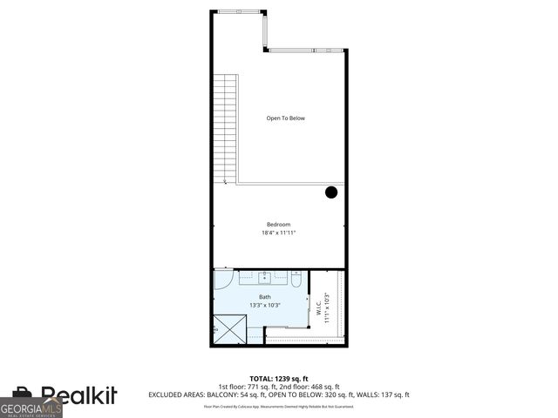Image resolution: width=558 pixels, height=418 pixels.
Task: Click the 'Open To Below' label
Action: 285,118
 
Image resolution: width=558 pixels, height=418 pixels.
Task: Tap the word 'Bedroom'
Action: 278,225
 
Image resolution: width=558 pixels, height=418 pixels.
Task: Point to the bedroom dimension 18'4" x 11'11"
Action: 278,233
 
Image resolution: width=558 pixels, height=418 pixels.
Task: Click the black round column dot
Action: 331,192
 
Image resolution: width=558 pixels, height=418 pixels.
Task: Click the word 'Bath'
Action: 264,297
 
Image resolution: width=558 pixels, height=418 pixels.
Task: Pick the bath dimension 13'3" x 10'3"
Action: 264,306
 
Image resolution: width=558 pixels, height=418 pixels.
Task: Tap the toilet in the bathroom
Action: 296,280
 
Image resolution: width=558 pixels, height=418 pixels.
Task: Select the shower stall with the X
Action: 231,329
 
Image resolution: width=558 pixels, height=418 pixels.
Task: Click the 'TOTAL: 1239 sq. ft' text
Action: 278,379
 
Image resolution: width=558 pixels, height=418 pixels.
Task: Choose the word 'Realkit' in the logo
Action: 79,396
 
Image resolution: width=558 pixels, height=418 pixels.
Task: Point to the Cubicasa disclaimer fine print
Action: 278,406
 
